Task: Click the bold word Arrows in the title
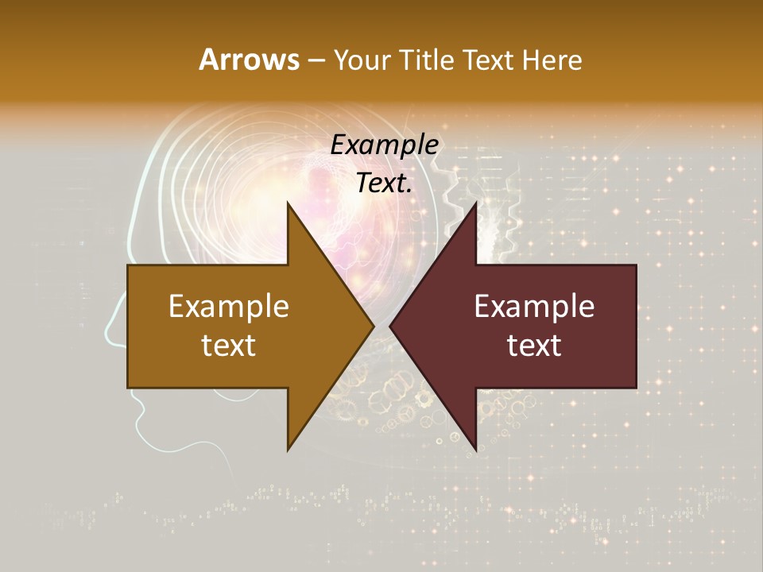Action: pyautogui.click(x=249, y=60)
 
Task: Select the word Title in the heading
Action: pyautogui.click(x=426, y=60)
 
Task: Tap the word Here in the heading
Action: pyautogui.click(x=552, y=60)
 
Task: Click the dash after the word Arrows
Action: pyautogui.click(x=316, y=61)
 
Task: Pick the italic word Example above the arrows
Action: pyautogui.click(x=384, y=145)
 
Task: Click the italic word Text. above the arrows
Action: pyautogui.click(x=384, y=183)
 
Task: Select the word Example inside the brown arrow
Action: pyautogui.click(x=229, y=306)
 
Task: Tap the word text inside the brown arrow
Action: pyautogui.click(x=229, y=345)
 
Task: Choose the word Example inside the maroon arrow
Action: pyautogui.click(x=534, y=306)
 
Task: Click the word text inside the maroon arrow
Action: pyautogui.click(x=534, y=345)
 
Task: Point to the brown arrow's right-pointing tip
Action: pyautogui.click(x=372, y=327)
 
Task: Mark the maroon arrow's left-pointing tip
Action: pyautogui.click(x=391, y=327)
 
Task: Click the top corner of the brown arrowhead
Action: pyautogui.click(x=289, y=204)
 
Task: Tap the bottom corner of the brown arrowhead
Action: pyautogui.click(x=289, y=449)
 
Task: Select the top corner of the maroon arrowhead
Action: pyautogui.click(x=475, y=204)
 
